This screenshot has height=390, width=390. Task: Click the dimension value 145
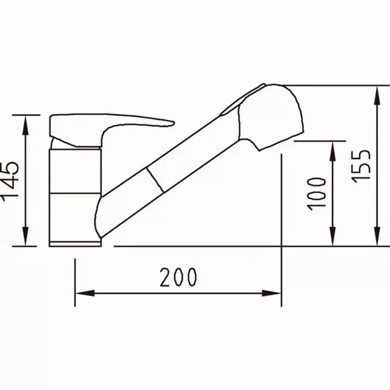pos(11,181)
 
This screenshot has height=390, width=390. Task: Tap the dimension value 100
pos(317,193)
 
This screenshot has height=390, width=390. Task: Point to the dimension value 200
pos(179,278)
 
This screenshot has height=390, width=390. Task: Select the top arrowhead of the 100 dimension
pos(333,149)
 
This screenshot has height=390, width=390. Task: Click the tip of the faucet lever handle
pos(172,121)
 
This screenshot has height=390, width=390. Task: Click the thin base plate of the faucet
pos(75,244)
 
